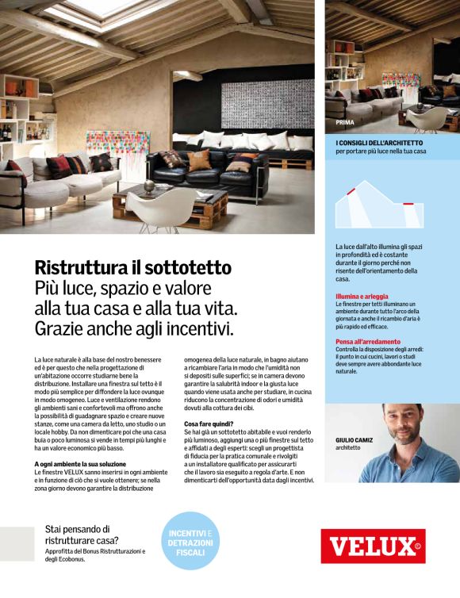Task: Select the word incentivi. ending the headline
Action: [x=198, y=328]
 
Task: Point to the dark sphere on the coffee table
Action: [x=148, y=186]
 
